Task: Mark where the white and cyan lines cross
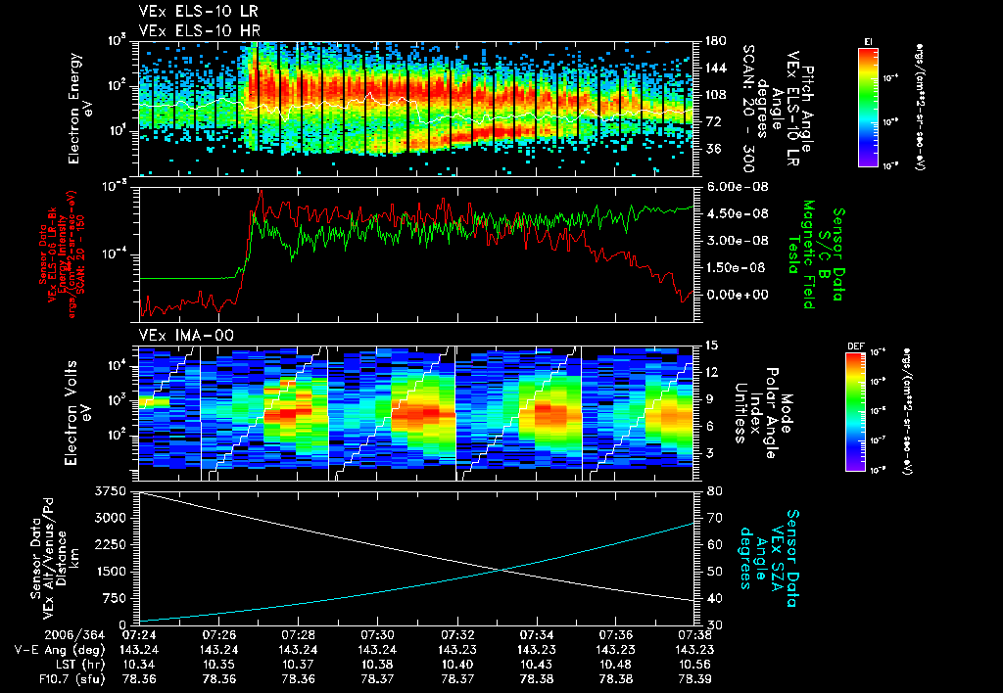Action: click(x=503, y=570)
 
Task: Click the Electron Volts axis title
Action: click(x=79, y=409)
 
